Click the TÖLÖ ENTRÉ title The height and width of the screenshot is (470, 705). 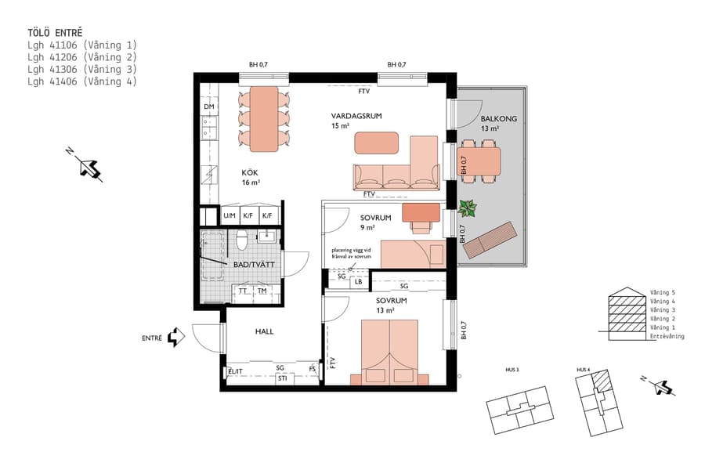(55, 33)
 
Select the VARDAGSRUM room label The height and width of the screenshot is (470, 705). (356, 116)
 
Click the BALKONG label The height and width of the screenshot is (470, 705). (499, 119)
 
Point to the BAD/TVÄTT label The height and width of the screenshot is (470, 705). (254, 265)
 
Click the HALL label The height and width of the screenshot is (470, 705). (264, 331)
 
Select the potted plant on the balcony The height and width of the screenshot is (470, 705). (468, 208)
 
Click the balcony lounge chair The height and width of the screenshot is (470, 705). (491, 240)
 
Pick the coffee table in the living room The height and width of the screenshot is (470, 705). (377, 143)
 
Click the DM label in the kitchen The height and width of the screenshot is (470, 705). (208, 107)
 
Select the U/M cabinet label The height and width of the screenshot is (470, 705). (230, 215)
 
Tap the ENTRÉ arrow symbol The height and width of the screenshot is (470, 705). (177, 336)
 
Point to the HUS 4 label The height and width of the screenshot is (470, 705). (582, 369)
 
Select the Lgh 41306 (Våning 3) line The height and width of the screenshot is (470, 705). (82, 69)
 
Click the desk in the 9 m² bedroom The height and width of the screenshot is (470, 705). (421, 212)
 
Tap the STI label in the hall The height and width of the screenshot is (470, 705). (282, 378)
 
